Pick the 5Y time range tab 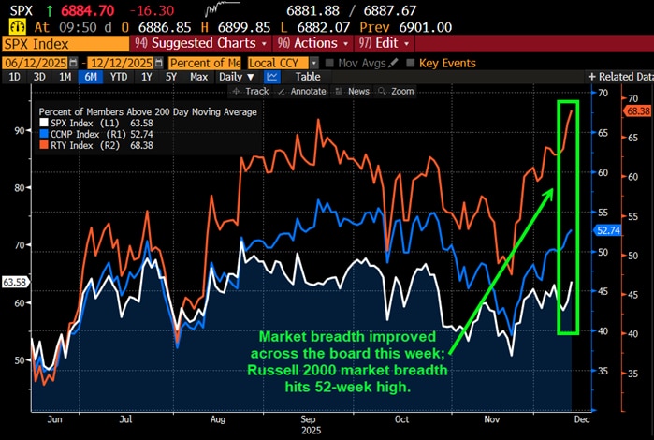click(x=170, y=77)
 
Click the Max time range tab click(x=198, y=77)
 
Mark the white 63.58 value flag click(x=14, y=281)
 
